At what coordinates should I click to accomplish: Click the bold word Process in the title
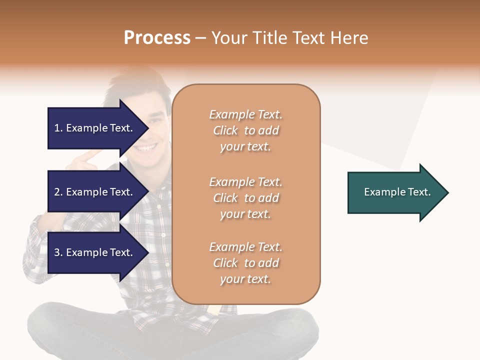[157, 38]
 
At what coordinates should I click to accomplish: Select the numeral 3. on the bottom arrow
[58, 252]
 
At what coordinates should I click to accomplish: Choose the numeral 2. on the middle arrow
[58, 192]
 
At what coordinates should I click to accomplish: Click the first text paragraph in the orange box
[245, 130]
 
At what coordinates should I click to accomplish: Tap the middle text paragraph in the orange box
[245, 198]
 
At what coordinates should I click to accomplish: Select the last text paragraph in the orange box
[245, 263]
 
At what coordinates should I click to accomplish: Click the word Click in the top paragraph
[225, 130]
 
